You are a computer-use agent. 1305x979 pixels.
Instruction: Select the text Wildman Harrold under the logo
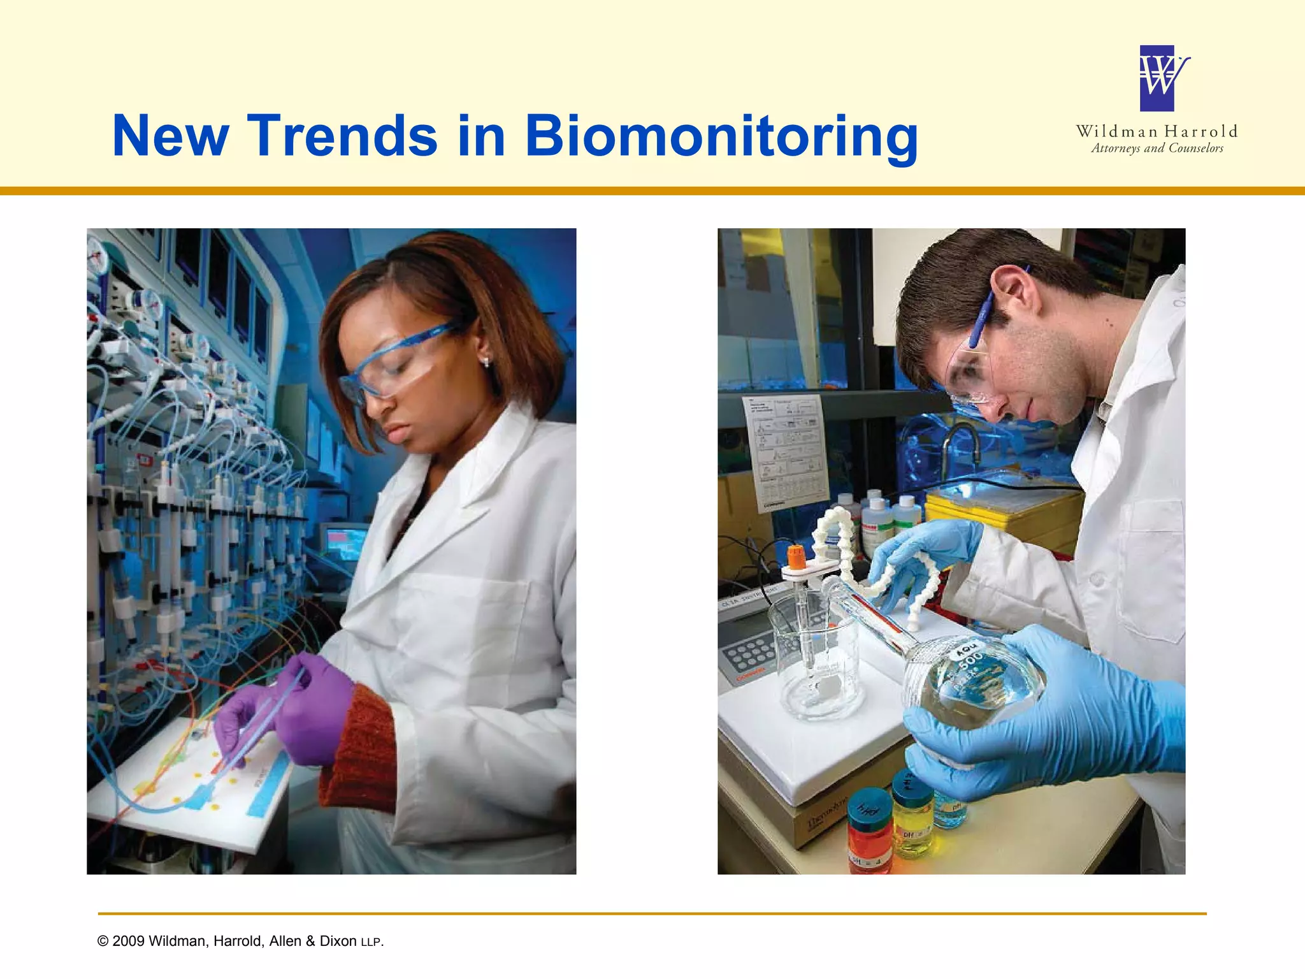(x=1157, y=131)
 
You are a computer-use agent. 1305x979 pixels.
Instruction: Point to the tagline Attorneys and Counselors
(x=1157, y=149)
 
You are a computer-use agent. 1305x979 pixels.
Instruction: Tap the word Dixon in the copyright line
(x=338, y=941)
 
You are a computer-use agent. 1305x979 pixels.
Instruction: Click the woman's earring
(x=487, y=362)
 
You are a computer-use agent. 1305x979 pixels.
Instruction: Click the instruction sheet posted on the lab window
(x=785, y=453)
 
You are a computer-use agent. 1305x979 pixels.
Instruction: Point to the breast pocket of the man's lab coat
(x=1150, y=561)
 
